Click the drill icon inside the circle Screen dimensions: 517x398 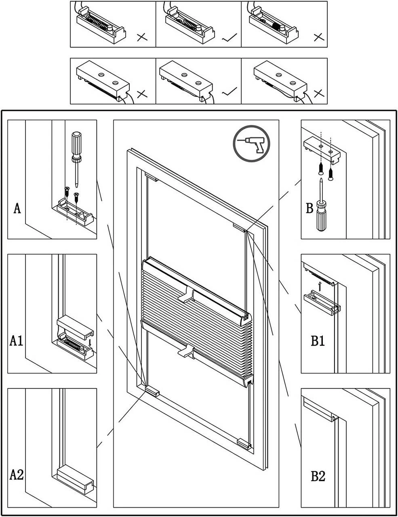click(x=251, y=143)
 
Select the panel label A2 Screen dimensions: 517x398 click(x=17, y=475)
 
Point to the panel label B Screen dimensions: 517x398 click(x=310, y=208)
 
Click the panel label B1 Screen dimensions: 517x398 click(x=318, y=341)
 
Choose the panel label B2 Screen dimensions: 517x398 click(x=318, y=476)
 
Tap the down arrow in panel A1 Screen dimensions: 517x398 click(x=90, y=343)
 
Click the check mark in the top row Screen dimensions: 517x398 click(x=230, y=38)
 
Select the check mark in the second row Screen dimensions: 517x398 click(x=230, y=93)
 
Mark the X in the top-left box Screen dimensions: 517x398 click(x=142, y=38)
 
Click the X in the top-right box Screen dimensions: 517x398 click(x=319, y=37)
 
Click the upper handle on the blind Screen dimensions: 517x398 click(x=187, y=295)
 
